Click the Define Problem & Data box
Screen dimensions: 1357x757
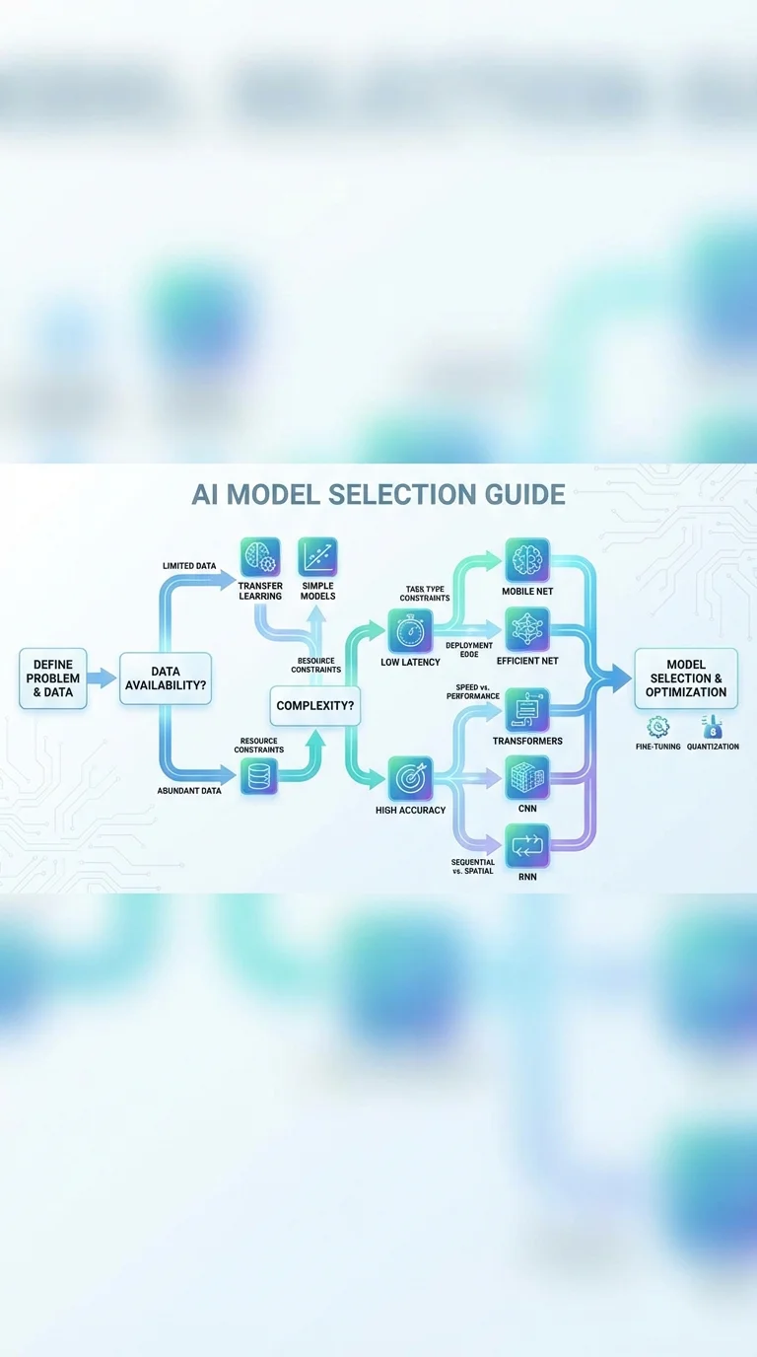pyautogui.click(x=53, y=678)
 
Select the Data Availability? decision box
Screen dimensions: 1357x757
pyautogui.click(x=166, y=678)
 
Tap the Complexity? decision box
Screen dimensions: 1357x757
pyautogui.click(x=314, y=706)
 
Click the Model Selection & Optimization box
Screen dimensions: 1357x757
pyautogui.click(x=686, y=678)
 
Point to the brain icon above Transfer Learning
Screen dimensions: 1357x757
pyautogui.click(x=260, y=557)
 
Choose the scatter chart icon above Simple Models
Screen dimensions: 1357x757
pyautogui.click(x=317, y=557)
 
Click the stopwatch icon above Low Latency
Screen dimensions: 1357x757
pyautogui.click(x=409, y=630)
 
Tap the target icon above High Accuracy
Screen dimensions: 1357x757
pyautogui.click(x=409, y=778)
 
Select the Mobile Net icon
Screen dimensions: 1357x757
pyautogui.click(x=527, y=560)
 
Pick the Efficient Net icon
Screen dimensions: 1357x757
pyautogui.click(x=527, y=629)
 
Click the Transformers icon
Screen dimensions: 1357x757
pyautogui.click(x=527, y=709)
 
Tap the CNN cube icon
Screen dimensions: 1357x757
pyautogui.click(x=527, y=777)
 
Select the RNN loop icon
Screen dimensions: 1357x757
pyautogui.click(x=527, y=845)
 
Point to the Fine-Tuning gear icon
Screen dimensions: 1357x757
pyautogui.click(x=657, y=728)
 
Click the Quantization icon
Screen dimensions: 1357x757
pyautogui.click(x=712, y=728)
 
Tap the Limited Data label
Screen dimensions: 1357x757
pyautogui.click(x=189, y=565)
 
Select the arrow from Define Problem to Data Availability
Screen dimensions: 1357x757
pyautogui.click(x=102, y=678)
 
